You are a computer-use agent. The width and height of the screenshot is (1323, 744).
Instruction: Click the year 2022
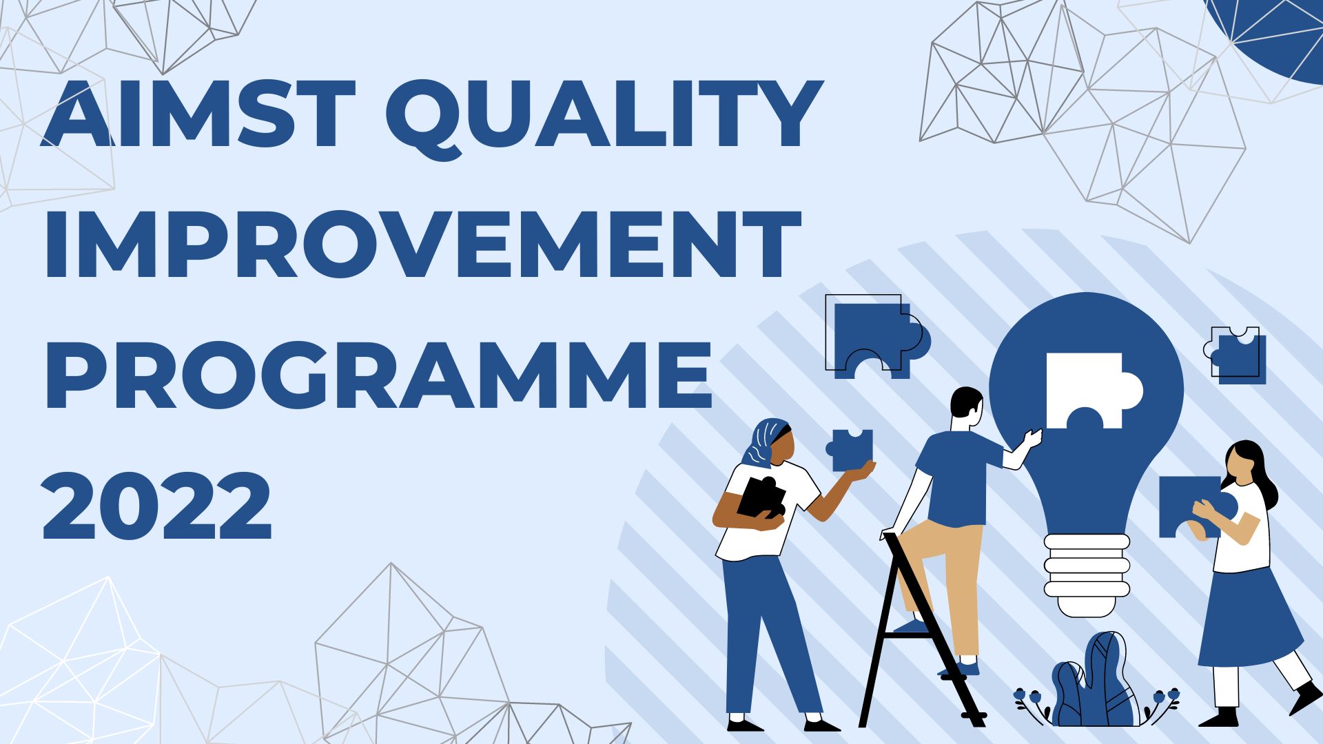[x=157, y=504]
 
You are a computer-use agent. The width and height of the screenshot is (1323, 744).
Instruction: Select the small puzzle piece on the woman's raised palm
[x=850, y=450]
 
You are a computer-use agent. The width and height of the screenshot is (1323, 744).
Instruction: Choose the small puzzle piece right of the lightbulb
[x=1237, y=355]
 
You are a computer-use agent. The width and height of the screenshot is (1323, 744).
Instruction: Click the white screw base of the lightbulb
[x=1087, y=575]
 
